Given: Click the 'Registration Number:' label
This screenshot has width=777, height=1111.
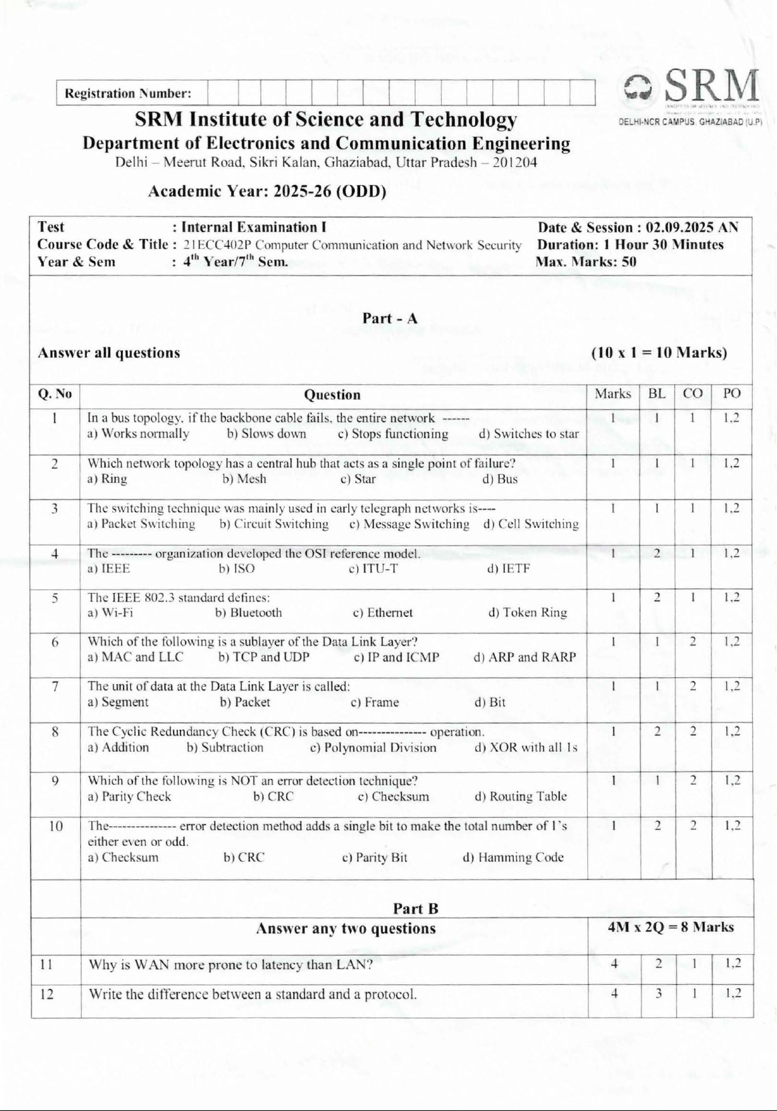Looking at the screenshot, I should [128, 93].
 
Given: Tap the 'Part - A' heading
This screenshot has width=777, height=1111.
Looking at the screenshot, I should [390, 318].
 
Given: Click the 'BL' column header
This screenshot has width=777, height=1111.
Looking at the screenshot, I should [657, 394].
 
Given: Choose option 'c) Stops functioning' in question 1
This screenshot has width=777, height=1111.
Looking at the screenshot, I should [393, 434].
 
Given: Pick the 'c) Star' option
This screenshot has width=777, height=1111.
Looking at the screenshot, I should [358, 479].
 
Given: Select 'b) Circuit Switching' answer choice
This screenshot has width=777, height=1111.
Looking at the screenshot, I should [274, 524].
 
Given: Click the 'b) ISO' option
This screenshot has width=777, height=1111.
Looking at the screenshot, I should [237, 569].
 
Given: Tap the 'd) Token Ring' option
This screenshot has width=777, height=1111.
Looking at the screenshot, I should [528, 613].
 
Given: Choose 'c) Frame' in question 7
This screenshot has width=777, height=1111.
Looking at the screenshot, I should [374, 702].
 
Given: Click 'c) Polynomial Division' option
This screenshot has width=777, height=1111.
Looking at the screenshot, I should [373, 748].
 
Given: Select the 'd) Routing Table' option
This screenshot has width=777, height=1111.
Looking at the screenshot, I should [520, 797].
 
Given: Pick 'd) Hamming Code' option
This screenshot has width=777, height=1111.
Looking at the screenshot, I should [513, 857].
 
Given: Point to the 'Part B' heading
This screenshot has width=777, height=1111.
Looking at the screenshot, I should [416, 908].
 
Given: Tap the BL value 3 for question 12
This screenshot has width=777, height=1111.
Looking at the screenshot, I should [658, 993].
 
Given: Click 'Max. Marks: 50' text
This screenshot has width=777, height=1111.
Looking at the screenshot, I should [586, 262].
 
